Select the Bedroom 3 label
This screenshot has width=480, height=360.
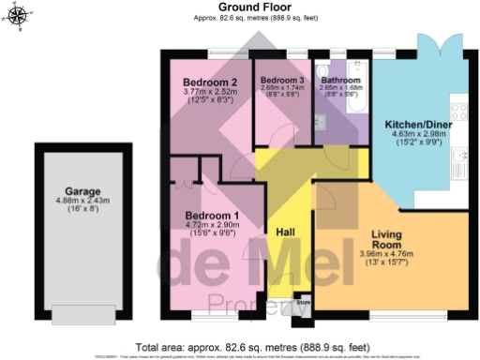coord(282,81)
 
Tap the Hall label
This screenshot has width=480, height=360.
coord(286,231)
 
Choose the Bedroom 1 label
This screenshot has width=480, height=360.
coord(212,217)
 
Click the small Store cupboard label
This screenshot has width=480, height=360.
coord(304,303)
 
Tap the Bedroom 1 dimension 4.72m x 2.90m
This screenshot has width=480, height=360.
coord(213,226)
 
